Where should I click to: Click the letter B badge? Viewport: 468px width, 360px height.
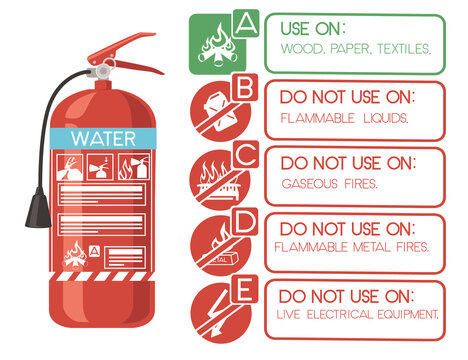pos(244,89)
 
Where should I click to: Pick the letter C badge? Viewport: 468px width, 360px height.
pos(244,156)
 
